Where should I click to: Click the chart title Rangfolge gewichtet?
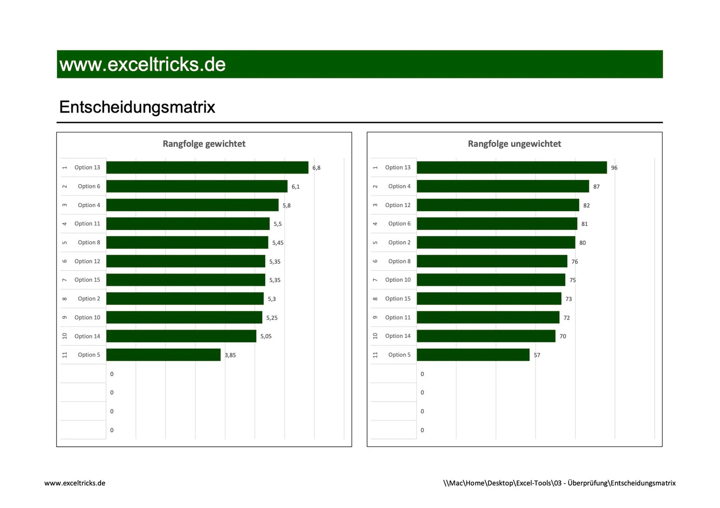click(204, 144)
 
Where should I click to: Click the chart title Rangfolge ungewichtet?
click(514, 144)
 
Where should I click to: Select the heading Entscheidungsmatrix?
click(137, 107)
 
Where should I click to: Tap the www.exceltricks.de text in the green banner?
click(143, 64)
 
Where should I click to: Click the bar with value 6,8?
click(207, 168)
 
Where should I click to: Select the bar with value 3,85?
click(163, 355)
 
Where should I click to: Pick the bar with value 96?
click(512, 168)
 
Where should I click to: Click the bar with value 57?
click(473, 355)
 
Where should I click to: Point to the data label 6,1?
click(295, 187)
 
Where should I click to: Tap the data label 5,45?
click(278, 243)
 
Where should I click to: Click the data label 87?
click(596, 187)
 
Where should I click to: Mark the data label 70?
click(563, 336)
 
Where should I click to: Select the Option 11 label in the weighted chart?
click(87, 224)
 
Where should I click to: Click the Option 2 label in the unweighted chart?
click(399, 243)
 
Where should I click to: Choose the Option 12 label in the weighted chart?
click(87, 261)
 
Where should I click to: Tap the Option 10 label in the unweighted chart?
click(398, 280)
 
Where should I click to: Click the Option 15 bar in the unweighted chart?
click(489, 299)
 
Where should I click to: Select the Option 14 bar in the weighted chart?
click(181, 336)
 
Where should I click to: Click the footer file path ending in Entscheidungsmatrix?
click(559, 483)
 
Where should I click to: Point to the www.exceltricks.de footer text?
click(75, 483)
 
